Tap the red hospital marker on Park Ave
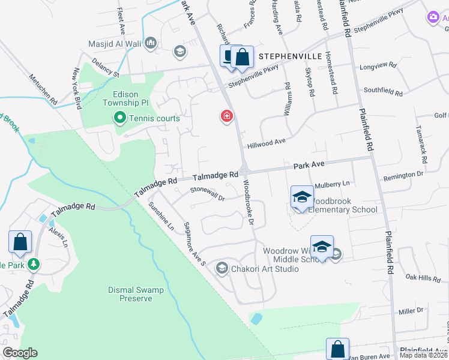(227, 116)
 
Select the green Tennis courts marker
(120, 118)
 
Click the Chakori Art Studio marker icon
(222, 268)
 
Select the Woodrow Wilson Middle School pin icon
(322, 247)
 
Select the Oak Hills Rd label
(423, 278)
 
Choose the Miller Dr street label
(411, 311)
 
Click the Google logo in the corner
(20, 353)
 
